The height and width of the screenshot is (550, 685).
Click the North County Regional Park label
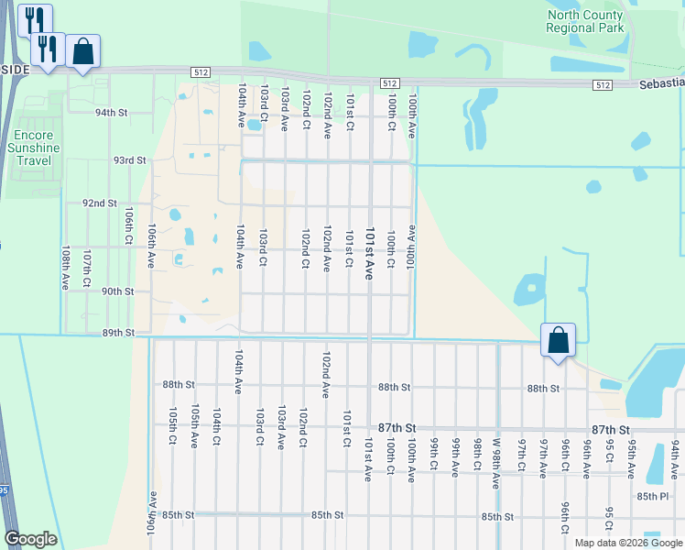pyautogui.click(x=584, y=21)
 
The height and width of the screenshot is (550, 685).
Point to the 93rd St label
pyautogui.click(x=130, y=159)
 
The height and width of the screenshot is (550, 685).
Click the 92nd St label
pyautogui.click(x=100, y=203)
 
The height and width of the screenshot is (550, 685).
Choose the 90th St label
pyautogui.click(x=118, y=291)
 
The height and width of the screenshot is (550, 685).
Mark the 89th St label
pyautogui.click(x=118, y=333)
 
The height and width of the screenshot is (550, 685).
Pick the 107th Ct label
pyautogui.click(x=87, y=269)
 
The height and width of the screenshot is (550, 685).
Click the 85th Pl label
pyautogui.click(x=654, y=496)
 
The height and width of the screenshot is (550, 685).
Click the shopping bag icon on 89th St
pyautogui.click(x=558, y=341)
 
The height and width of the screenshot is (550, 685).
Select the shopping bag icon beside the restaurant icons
pyautogui.click(x=82, y=53)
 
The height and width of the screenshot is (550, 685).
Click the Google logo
pyautogui.click(x=30, y=539)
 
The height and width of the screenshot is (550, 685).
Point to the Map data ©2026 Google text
pyautogui.click(x=629, y=543)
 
